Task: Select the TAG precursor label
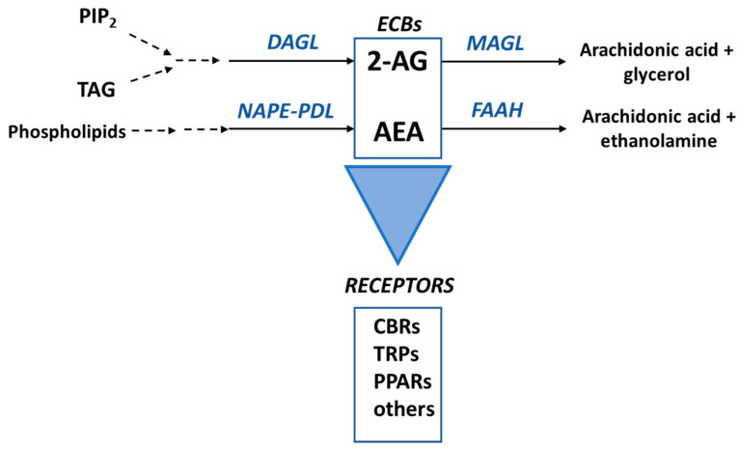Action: [x=96, y=91]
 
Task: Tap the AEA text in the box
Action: [x=397, y=128]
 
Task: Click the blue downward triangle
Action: [x=397, y=203]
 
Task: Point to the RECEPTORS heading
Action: [x=397, y=286]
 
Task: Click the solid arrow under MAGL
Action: [x=503, y=63]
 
